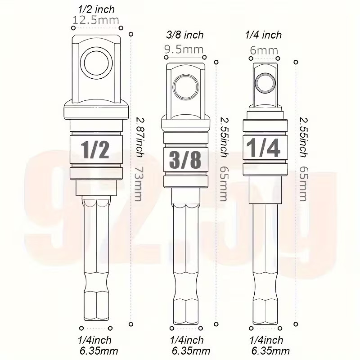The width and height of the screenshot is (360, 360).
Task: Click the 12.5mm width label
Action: pos(96,20)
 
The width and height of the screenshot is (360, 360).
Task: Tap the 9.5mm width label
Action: pos(184,49)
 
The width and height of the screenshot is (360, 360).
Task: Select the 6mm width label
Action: pos(264,50)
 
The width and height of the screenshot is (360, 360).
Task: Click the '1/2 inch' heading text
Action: pos(96,9)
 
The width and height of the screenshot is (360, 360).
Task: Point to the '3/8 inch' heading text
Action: pos(185,35)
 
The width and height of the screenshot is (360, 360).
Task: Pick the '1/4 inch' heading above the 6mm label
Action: pos(263,35)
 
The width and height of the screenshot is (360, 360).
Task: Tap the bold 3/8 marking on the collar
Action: pos(185,159)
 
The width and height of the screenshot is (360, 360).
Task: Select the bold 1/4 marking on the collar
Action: pos(263,148)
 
